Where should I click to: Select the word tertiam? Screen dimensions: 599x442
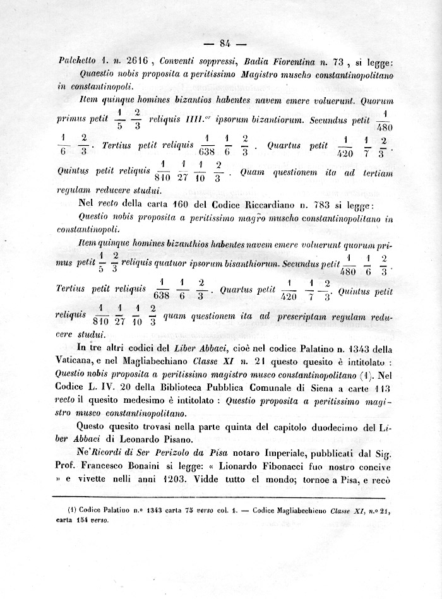[x=373, y=174]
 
